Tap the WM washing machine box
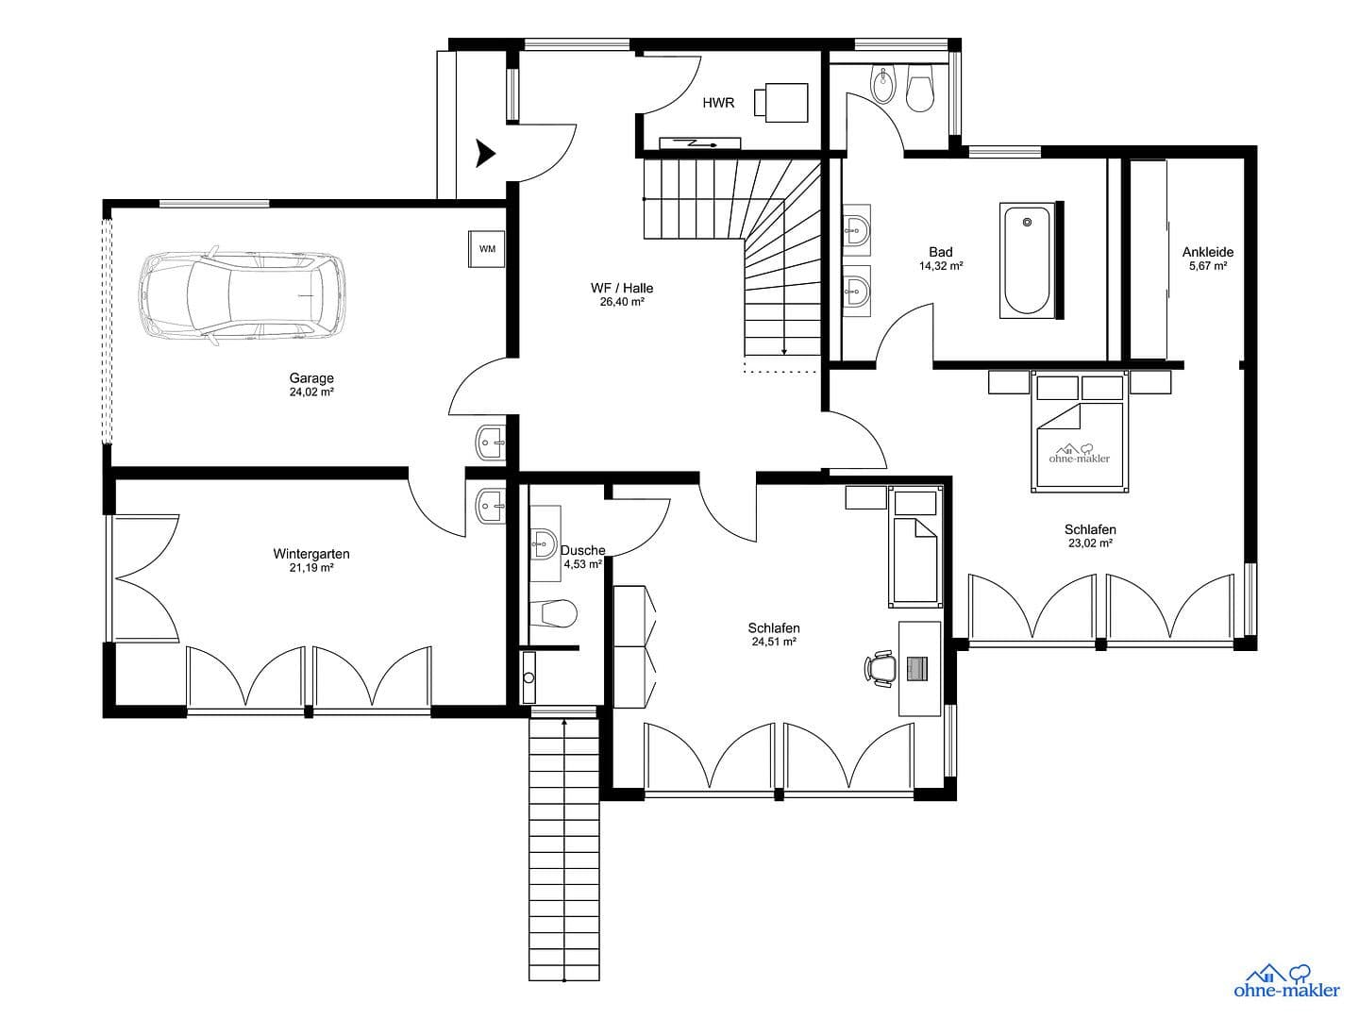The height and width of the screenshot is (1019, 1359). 487,249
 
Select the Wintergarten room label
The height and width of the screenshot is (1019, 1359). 311,554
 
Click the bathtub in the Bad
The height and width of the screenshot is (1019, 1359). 1027,260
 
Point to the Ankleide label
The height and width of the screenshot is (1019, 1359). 1208,252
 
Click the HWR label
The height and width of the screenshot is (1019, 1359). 718,103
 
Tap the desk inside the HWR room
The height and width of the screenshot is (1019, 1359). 781,102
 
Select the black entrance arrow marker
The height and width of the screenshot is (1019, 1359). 486,153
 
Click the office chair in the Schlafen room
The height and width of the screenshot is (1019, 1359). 881,668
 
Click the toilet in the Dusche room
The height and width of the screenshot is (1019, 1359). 553,614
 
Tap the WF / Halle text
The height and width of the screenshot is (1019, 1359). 622,289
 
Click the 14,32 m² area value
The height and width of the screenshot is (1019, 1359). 941,266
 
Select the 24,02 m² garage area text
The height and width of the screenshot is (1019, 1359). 311,392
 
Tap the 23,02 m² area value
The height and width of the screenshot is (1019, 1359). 1090,543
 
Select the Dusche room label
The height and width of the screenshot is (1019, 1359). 582,550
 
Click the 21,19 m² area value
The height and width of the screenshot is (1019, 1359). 311,568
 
